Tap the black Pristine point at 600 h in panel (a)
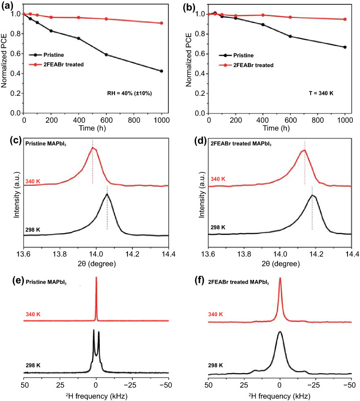coord(106,55)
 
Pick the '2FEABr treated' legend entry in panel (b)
coord(244,65)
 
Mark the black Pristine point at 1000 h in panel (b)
coord(345,47)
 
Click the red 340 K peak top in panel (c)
coord(93,147)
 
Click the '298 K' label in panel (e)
coord(33,365)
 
